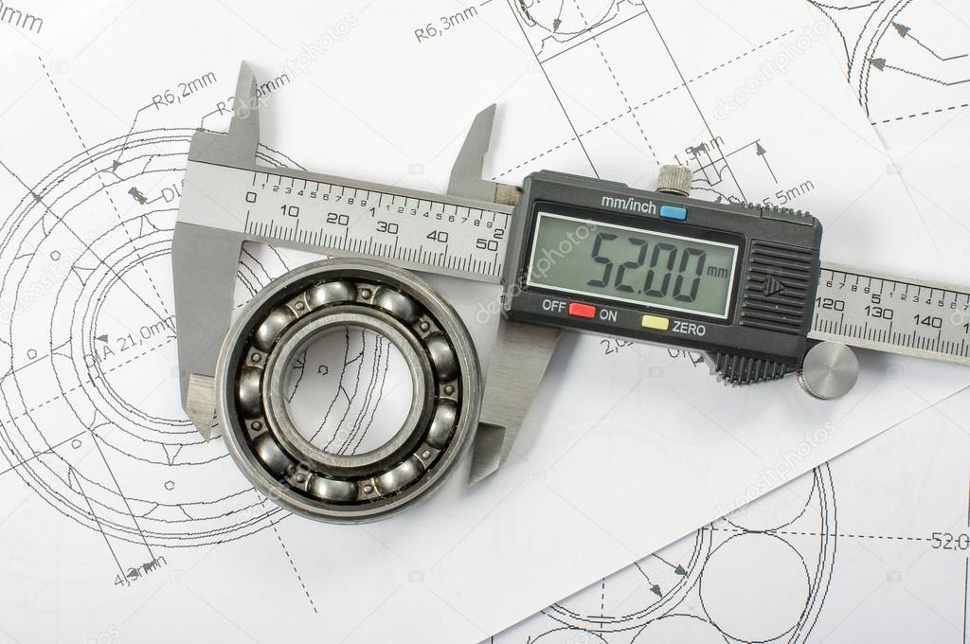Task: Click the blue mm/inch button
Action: pos(674,212)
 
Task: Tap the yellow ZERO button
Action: pos(655,322)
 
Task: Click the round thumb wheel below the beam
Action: pos(828,369)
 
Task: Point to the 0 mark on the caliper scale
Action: pos(250,198)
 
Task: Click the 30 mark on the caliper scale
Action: pos(386,227)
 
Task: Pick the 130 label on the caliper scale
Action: pos(878,313)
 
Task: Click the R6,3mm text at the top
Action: pos(445,24)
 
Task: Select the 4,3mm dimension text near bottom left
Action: pos(139,571)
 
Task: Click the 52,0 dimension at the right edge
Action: pos(948,541)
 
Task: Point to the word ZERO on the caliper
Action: pos(689,329)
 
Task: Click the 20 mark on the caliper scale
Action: pos(336,219)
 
